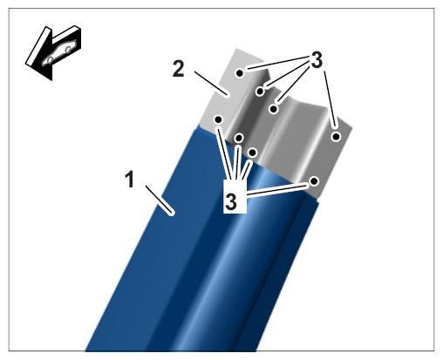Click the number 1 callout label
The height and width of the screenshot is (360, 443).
130,180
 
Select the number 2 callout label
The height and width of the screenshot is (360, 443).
179,69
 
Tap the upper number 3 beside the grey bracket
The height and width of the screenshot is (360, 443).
317,59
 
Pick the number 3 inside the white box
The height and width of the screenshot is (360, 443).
231,201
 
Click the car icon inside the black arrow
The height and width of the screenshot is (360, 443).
59,51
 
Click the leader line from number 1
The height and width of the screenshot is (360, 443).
160,200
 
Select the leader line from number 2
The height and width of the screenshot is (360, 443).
211,84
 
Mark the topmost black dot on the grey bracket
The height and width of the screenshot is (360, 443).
240,73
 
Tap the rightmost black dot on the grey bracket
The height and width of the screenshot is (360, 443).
336,136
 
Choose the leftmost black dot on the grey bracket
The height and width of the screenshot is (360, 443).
219,119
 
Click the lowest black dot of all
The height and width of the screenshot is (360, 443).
314,181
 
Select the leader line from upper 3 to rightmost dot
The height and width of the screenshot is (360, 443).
330,99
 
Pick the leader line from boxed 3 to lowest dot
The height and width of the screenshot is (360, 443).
277,189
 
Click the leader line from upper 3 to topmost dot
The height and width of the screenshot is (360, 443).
276,63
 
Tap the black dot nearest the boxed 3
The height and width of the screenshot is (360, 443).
252,153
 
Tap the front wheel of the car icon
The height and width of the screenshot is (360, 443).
50,59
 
